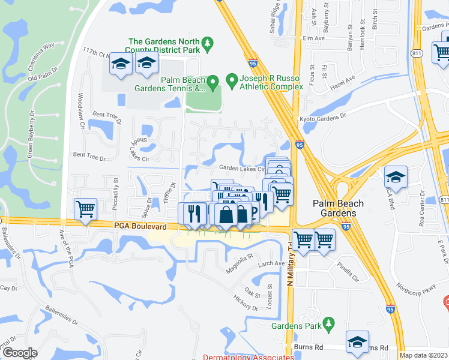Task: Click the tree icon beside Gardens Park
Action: tap(328, 325)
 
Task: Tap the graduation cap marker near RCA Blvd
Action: tap(395, 176)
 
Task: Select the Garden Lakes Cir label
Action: tap(241, 169)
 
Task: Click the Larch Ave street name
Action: tap(271, 263)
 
